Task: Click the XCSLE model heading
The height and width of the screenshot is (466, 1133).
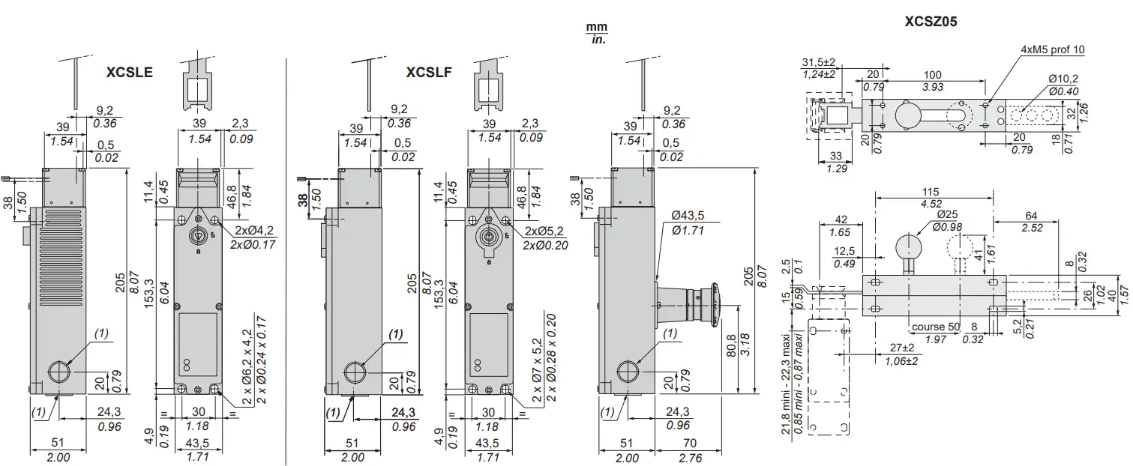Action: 130,73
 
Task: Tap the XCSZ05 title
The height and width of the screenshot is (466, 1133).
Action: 931,22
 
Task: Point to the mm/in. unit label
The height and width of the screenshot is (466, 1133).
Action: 596,33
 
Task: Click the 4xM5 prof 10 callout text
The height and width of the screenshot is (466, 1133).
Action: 1052,49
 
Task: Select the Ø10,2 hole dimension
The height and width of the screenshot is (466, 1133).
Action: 1063,79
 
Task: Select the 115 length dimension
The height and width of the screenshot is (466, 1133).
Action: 932,193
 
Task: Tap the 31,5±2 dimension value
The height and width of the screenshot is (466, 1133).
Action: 818,61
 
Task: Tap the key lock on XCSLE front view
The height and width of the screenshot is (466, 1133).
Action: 196,235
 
